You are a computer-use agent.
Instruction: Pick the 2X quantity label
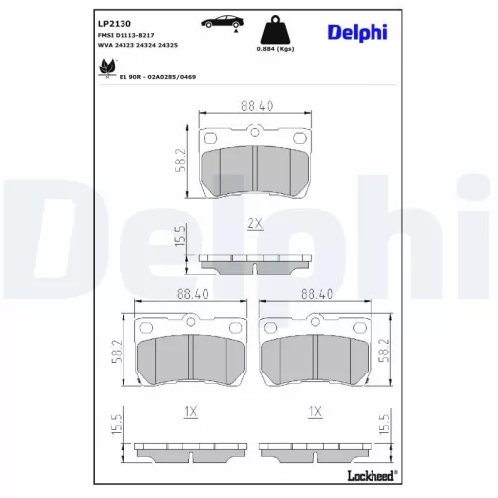[255, 223]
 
